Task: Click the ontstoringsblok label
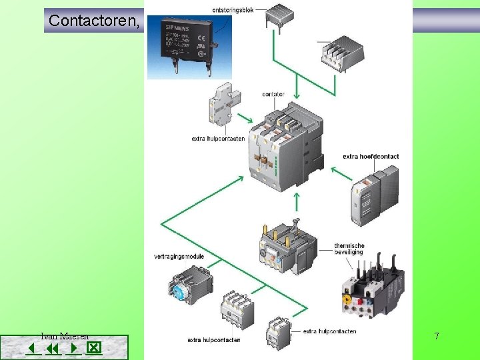[233, 10]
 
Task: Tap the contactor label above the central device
[273, 94]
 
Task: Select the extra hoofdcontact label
[371, 157]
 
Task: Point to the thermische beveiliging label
[349, 249]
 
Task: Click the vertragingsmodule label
[179, 256]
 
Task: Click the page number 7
[437, 336]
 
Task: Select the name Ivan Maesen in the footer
[65, 337]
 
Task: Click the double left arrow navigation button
[53, 349]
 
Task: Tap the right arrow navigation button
[73, 349]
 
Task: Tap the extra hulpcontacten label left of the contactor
[218, 139]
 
